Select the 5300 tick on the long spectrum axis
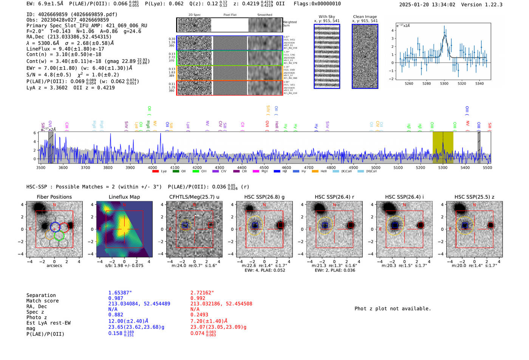coord(442,167)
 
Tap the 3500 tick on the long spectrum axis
coord(40,167)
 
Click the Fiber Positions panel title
coord(54,197)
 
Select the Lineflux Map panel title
coord(124,197)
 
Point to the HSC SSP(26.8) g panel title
coord(264,197)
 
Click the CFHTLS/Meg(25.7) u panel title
coord(194,197)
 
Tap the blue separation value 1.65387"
coord(120,293)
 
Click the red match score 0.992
coord(198,298)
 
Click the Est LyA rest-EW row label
coord(48,323)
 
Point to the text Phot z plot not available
coord(393,309)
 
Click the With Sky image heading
coord(327,17)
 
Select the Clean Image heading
coord(365,17)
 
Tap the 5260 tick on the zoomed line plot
coord(409,83)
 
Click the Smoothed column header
coord(264,15)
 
